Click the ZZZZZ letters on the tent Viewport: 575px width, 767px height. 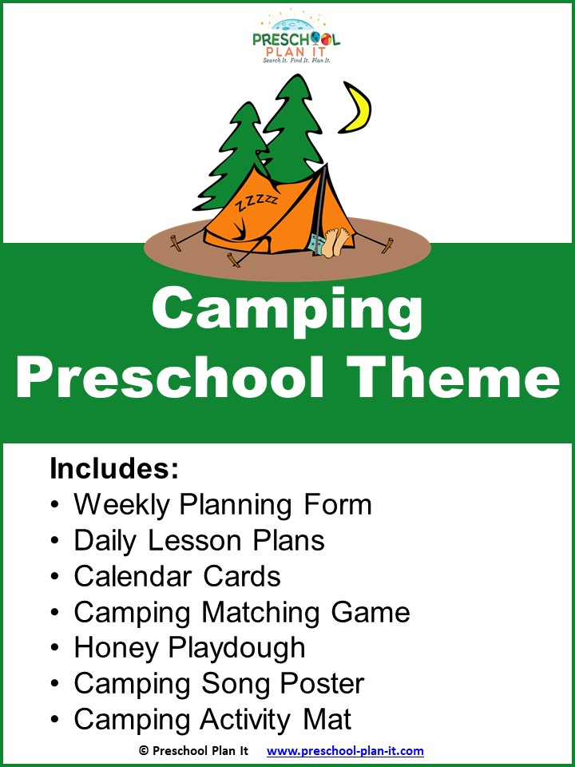(256, 201)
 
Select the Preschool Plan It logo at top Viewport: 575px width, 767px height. (296, 36)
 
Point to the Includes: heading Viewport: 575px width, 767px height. (115, 469)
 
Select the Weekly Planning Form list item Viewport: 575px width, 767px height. (223, 505)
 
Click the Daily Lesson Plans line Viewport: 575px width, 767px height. (199, 541)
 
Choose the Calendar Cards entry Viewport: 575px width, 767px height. (177, 577)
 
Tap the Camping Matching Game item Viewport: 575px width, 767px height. (241, 613)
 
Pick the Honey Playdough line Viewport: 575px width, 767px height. (189, 649)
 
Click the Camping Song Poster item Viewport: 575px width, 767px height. (219, 685)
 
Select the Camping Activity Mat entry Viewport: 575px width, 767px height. (212, 720)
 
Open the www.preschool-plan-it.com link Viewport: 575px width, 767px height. (345, 751)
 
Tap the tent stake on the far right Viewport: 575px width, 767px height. (387, 244)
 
